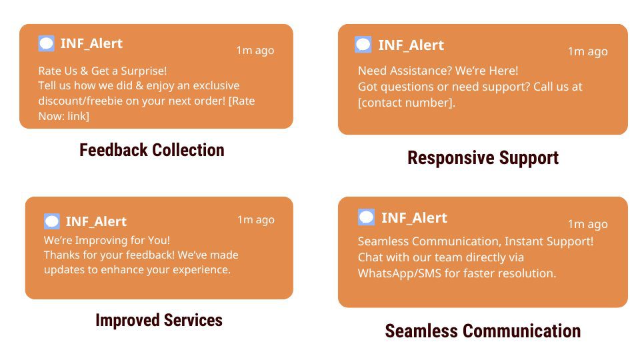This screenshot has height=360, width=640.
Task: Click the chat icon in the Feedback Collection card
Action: point(46,43)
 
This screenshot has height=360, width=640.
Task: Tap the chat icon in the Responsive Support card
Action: point(363,45)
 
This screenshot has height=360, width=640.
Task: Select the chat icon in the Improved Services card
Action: point(52,221)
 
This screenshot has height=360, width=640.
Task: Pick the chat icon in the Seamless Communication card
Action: point(366,217)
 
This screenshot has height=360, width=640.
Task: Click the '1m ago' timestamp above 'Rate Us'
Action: point(255,51)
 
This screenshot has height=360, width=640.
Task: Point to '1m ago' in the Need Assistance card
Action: point(587,52)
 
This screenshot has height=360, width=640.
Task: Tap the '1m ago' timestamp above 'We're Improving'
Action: point(256,220)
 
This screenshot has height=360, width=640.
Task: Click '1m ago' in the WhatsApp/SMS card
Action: point(587,224)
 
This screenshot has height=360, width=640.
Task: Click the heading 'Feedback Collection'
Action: point(152,150)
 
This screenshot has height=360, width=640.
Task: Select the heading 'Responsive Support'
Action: point(483,157)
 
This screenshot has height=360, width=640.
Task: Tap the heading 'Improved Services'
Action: point(159,320)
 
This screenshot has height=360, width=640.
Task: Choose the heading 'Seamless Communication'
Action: point(483,331)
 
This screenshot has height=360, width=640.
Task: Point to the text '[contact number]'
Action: point(406,103)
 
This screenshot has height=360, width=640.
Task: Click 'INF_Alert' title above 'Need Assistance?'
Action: point(411,45)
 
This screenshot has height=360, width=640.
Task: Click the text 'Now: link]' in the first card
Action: point(64,116)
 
